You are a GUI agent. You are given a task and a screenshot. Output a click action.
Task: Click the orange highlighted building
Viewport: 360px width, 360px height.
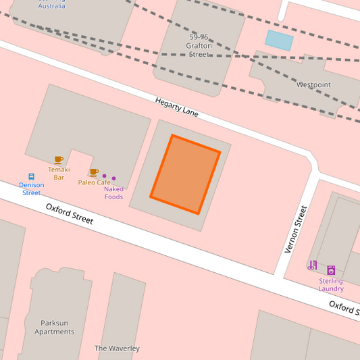point(186,174)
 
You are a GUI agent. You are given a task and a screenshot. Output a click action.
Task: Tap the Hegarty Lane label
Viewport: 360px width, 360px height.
point(177,107)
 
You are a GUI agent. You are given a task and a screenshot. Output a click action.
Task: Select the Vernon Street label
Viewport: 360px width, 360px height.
point(296,230)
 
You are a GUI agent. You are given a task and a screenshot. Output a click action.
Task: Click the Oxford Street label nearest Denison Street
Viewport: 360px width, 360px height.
point(70,213)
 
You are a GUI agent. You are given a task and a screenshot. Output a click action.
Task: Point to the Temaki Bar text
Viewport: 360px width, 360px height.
point(59,174)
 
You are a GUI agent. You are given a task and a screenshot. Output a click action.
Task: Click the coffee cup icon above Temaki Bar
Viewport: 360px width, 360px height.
point(59,160)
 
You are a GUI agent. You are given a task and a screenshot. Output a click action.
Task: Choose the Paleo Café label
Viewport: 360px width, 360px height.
point(94,182)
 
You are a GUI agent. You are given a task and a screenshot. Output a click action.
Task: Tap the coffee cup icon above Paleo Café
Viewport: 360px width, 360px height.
point(94,172)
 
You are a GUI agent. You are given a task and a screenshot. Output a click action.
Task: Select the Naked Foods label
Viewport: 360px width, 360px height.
point(113,193)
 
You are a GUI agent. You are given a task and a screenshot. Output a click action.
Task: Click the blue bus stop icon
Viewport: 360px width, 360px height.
point(31,176)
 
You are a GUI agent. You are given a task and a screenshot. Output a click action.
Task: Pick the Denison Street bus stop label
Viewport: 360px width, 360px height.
point(31,189)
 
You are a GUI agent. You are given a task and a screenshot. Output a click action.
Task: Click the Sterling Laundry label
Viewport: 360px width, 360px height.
point(331,285)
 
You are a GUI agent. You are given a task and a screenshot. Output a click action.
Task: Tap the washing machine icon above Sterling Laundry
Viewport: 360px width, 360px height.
point(331,270)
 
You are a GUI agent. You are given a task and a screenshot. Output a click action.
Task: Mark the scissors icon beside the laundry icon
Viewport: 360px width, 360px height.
point(312,265)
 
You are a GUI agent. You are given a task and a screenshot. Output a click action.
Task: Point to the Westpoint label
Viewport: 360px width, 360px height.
point(313,85)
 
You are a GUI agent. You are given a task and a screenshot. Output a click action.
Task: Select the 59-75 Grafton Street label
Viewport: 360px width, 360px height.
point(199,45)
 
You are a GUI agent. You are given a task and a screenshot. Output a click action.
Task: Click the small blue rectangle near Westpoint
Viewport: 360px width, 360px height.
point(279,40)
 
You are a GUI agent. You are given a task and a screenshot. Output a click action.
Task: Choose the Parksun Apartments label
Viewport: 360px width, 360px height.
point(54,328)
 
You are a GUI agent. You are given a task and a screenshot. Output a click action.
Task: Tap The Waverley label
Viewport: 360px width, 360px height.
point(117,349)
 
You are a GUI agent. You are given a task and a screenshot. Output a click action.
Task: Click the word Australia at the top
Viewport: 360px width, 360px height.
point(52,5)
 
